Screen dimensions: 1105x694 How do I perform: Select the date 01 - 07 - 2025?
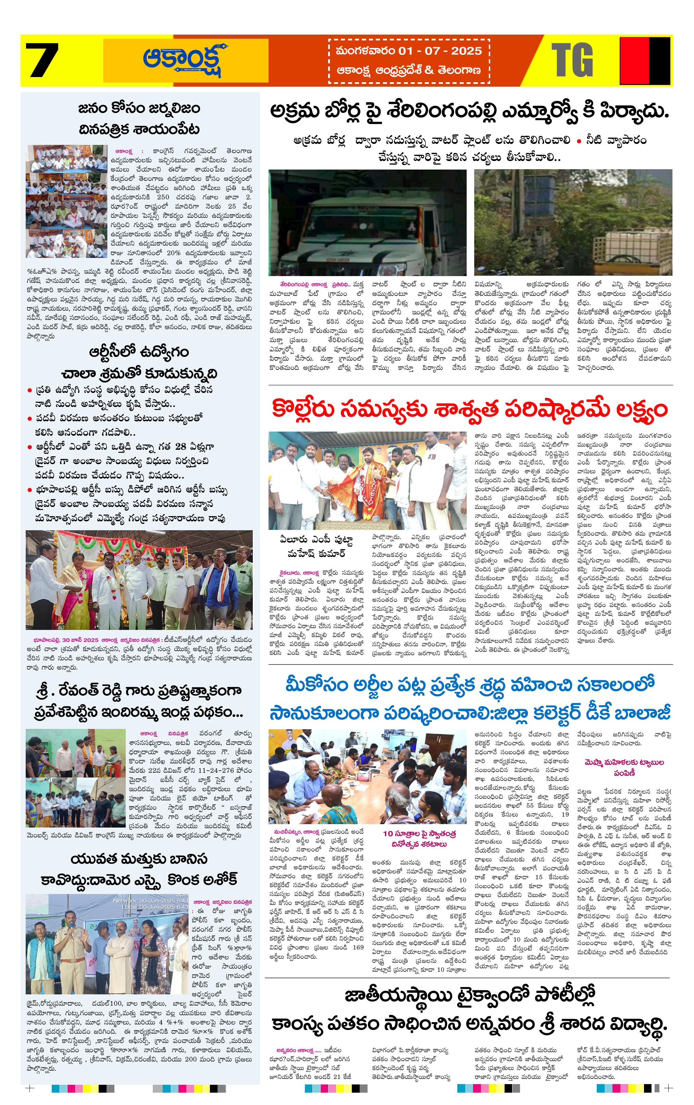coord(432,50)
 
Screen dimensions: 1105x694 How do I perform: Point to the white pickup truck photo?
coord(367,223)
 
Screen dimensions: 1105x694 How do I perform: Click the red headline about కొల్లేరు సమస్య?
coord(469,410)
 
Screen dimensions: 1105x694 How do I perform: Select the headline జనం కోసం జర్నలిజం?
coord(139,109)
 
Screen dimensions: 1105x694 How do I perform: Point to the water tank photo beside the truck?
coord(573,223)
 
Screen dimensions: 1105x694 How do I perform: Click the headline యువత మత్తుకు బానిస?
coord(139,859)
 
